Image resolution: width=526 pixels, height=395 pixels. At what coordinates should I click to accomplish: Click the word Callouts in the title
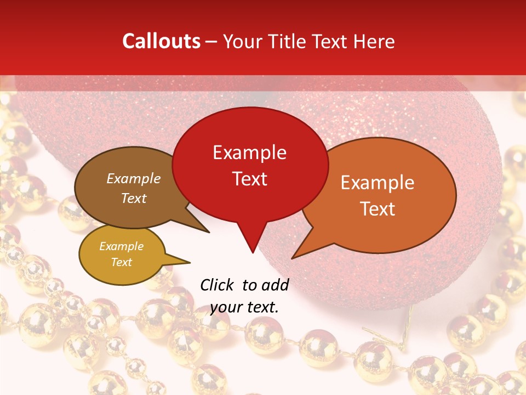161,41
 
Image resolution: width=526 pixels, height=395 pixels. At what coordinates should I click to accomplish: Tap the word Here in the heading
374,41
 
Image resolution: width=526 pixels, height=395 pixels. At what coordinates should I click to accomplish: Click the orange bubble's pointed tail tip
293,258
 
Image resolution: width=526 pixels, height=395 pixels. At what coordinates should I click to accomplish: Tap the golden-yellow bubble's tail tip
190,261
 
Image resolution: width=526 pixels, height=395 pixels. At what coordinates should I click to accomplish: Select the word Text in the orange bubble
378,208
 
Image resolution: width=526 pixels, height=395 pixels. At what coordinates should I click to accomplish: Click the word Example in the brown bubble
134,178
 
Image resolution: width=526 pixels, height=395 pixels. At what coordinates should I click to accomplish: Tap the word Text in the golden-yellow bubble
122,262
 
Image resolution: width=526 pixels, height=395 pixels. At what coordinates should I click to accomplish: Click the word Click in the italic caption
218,285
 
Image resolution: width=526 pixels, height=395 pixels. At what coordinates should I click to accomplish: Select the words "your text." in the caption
244,307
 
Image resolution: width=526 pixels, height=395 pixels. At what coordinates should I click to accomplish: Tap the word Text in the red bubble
250,179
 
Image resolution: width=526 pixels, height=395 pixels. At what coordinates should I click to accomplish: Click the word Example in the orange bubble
378,183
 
